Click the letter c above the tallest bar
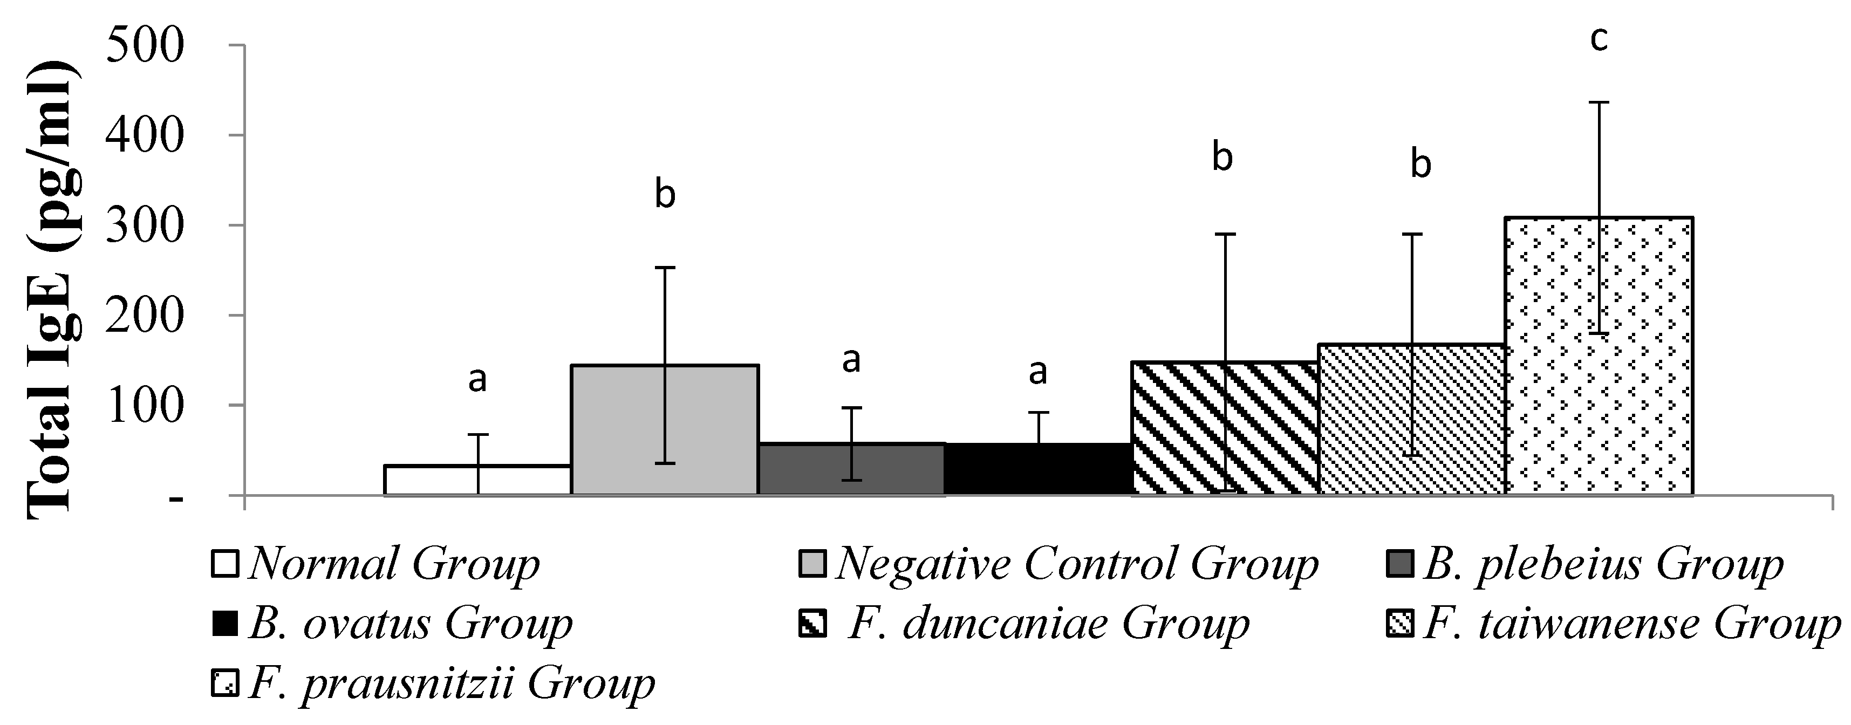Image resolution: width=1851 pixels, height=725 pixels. [x=1598, y=39]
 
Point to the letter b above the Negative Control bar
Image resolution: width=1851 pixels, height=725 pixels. [x=665, y=195]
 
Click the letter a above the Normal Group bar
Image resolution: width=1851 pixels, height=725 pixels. [x=477, y=379]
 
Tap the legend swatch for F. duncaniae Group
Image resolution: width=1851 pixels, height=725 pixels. [x=812, y=623]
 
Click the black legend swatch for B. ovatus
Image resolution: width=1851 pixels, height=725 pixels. [x=224, y=623]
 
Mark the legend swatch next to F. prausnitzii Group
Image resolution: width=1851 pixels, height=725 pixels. [x=224, y=682]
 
